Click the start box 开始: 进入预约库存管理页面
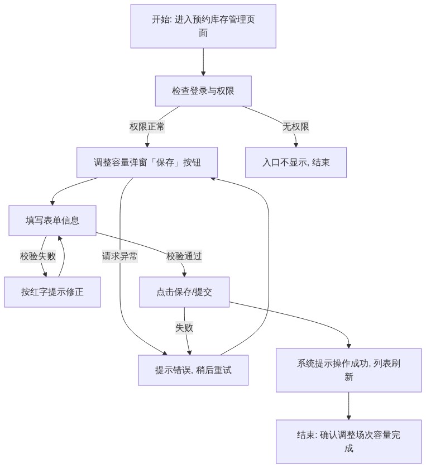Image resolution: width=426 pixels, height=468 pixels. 203,26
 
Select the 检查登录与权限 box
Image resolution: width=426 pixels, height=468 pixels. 203,90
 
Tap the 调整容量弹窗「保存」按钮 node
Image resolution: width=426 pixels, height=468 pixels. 147,163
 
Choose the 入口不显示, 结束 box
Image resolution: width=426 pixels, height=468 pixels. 296,163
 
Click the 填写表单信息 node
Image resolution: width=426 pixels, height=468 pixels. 52,220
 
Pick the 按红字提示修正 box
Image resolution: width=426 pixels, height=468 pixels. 52,292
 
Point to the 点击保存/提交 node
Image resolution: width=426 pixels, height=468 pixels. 184,292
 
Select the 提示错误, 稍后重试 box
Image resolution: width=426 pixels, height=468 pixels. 193,370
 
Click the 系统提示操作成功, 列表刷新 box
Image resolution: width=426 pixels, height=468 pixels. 348,370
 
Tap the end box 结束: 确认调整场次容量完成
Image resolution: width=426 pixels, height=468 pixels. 348,441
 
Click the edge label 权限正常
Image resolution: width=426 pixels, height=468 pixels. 147,127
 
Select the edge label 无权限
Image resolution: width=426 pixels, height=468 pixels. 296,127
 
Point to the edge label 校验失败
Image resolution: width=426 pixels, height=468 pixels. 38,256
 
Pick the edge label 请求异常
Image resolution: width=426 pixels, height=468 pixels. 119,256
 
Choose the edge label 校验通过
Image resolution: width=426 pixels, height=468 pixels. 184,256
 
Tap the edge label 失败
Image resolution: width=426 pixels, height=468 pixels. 184,328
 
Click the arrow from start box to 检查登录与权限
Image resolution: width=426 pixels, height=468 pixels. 203,62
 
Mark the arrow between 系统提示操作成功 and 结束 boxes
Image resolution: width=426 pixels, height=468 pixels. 348,406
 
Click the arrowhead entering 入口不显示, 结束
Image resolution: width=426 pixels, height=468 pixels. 296,145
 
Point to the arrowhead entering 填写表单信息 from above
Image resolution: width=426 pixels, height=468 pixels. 52,203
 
